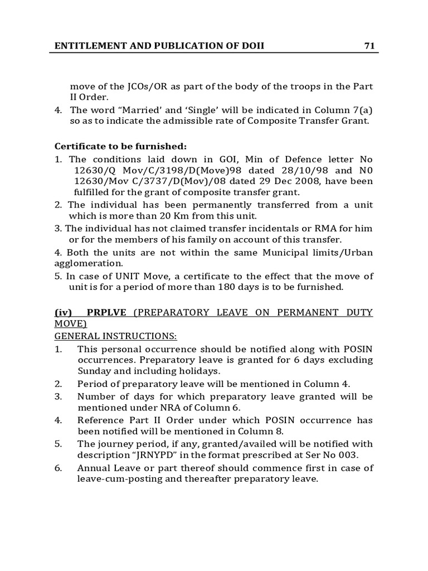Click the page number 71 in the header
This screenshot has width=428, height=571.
[x=369, y=46]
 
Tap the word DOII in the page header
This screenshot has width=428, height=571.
[x=251, y=46]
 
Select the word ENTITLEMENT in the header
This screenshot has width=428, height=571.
[x=83, y=46]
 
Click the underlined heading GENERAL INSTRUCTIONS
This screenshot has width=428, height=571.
[x=115, y=336]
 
